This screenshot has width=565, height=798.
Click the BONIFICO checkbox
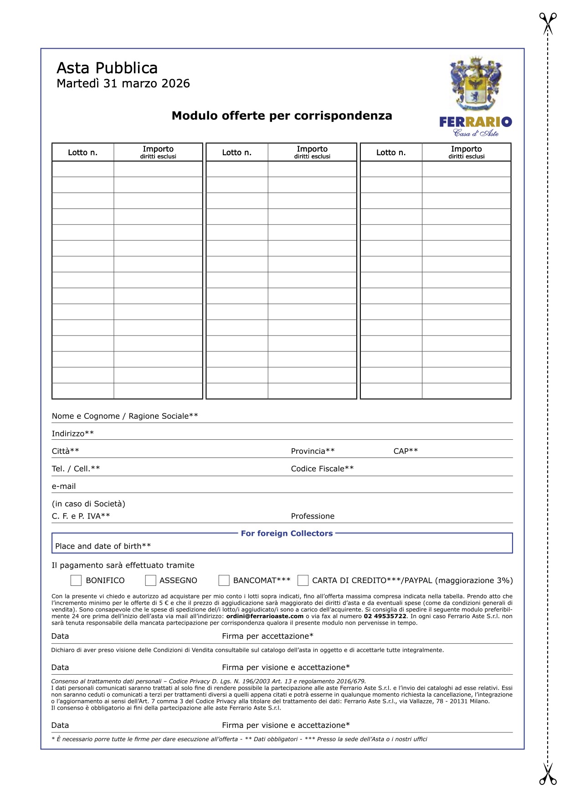pos(76,580)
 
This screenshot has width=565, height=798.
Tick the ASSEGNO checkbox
pos(150,580)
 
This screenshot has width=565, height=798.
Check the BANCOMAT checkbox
pos(224,580)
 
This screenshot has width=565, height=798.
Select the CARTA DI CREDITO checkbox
pos(303,580)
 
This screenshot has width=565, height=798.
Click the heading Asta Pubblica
pos(107,68)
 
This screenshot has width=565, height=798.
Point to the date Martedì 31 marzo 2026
pos(123,84)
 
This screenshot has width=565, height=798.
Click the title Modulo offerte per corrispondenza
pos(282,116)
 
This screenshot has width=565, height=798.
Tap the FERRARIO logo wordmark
pos(475,122)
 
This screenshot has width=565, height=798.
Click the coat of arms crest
pos(476,84)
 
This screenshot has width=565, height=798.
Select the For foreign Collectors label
pos(287,534)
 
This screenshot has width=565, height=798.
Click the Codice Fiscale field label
pos(322,469)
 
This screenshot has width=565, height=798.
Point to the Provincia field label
pos(313,451)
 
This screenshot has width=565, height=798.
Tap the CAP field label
pos(406,451)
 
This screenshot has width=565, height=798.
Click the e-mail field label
pos(64,486)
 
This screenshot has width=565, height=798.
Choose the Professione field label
pos(313,516)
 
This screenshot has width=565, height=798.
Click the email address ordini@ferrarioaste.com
pos(265,616)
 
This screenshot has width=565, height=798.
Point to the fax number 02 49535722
pos(385,616)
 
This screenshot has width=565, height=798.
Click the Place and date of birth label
pos(103,546)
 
